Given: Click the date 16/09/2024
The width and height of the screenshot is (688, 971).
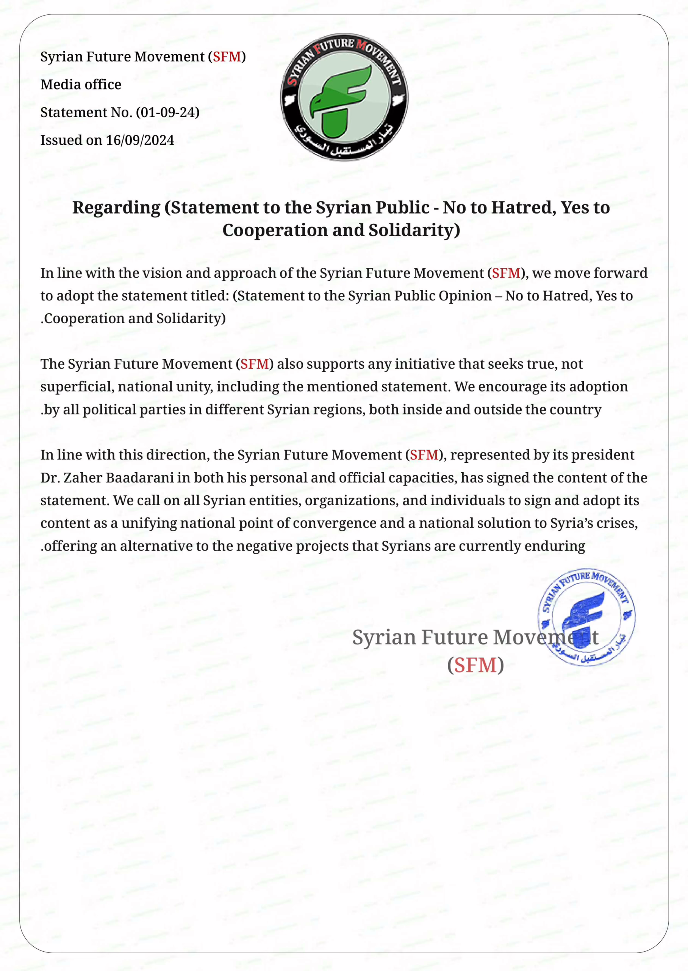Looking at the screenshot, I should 140,140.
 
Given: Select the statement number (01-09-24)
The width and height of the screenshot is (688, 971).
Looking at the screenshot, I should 167,112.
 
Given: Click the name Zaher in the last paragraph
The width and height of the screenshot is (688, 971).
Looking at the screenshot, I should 83,478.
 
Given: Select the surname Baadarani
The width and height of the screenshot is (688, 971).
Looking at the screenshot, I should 140,478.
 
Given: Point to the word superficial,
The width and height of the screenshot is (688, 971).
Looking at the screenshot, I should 77,387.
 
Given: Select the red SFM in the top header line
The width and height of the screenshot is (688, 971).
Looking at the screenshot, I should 227,57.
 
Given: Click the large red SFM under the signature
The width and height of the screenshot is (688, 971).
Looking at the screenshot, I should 475,665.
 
